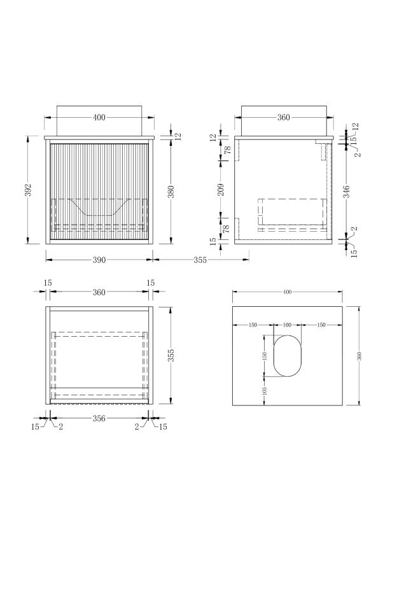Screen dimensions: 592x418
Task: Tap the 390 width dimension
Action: click(x=99, y=260)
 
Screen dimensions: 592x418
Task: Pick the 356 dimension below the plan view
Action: click(x=99, y=418)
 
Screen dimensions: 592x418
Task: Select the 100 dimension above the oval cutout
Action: click(x=286, y=325)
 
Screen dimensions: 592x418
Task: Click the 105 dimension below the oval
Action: click(x=264, y=390)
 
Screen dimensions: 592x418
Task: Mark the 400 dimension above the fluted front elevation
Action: click(x=99, y=118)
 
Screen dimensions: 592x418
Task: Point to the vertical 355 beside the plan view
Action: click(x=171, y=355)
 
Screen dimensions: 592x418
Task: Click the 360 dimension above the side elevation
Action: click(x=283, y=118)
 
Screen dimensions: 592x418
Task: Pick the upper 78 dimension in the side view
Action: click(x=221, y=150)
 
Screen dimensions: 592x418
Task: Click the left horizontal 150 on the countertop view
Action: click(x=253, y=325)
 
